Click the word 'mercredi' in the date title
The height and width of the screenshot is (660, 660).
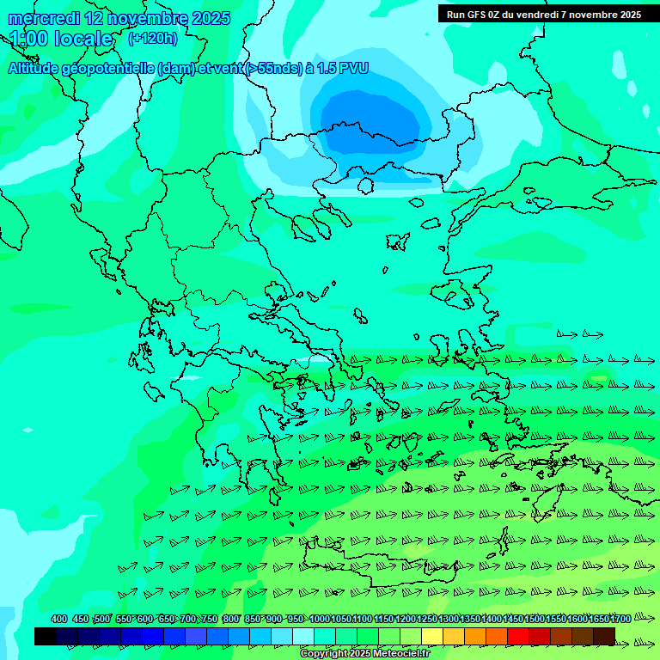[41, 18]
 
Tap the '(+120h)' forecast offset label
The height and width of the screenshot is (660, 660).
[153, 38]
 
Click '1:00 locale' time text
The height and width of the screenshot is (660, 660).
[61, 39]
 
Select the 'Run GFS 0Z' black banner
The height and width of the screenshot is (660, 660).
[544, 14]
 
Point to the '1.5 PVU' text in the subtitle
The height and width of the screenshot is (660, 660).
[342, 68]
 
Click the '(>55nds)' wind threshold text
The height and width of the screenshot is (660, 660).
[274, 68]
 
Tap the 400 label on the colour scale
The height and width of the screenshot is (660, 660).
[59, 619]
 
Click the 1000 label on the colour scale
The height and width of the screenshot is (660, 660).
[319, 619]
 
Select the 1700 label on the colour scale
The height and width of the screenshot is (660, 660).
[620, 619]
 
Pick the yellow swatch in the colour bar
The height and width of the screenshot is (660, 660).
[432, 636]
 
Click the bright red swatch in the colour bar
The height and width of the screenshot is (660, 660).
[518, 636]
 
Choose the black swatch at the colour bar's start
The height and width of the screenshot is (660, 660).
[46, 636]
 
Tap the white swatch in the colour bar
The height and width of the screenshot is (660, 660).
[303, 636]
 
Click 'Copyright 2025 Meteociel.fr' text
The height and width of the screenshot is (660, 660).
[364, 653]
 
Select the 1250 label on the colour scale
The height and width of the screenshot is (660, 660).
[427, 619]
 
